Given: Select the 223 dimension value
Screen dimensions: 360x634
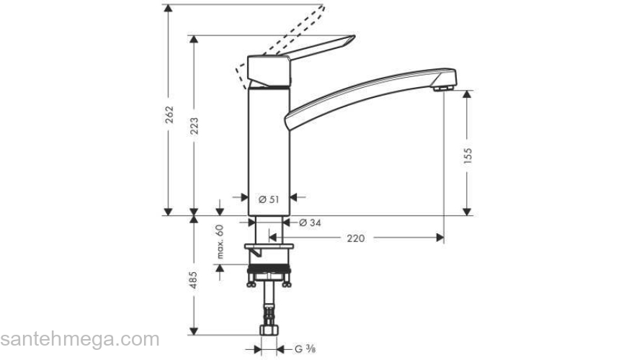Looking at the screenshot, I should point(194,127).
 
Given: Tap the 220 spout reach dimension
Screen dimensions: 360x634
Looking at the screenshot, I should point(355,238).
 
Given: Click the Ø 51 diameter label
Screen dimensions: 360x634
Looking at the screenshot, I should point(269,199).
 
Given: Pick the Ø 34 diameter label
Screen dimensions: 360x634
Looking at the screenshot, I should point(310,222).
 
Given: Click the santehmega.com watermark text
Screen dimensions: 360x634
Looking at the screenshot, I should point(79,338).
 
